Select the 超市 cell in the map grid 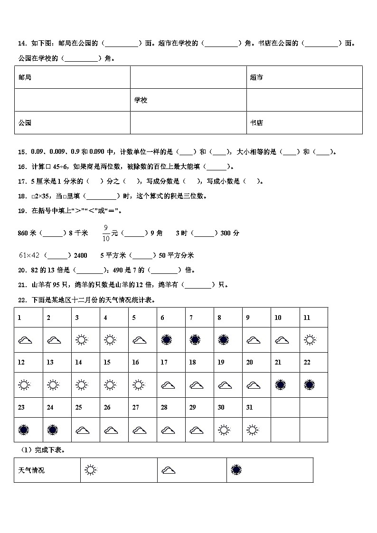point(256,77)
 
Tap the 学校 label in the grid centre point(141,100)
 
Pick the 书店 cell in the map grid point(256,123)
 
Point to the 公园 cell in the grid point(25,123)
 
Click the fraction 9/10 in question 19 point(107,233)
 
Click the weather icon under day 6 point(166,340)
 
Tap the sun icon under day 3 point(82,340)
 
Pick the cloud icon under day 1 point(25,340)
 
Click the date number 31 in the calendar point(249,407)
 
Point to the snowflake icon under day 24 point(53,430)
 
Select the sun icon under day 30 point(223,430)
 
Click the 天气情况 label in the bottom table point(31,470)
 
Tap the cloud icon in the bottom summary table point(169,470)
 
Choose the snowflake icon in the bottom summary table point(236,470)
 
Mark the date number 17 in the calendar point(164,362)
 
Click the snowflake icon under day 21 point(280,385)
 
